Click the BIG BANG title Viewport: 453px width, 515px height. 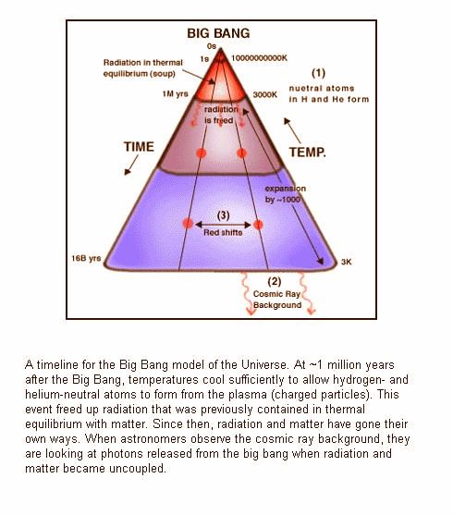(218, 33)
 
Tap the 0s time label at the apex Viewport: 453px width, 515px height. (212, 46)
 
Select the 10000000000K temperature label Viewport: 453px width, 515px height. (259, 58)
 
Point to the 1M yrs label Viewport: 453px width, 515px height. (175, 94)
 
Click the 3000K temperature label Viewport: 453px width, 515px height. (264, 94)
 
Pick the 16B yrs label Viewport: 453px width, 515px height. (86, 258)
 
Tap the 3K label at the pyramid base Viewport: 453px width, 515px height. (347, 262)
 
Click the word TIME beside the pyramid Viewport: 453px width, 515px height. (139, 146)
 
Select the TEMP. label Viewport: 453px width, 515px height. (308, 152)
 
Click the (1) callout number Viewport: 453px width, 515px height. (318, 73)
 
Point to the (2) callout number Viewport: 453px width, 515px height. (275, 282)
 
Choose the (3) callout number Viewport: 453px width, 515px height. (224, 215)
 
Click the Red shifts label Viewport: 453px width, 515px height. (223, 233)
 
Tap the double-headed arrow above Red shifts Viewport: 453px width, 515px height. (223, 225)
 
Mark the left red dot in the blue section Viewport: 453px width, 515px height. (188, 224)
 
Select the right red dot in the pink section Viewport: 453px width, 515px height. (242, 153)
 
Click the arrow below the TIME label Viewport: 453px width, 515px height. (131, 165)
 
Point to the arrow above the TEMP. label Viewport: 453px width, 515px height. (292, 130)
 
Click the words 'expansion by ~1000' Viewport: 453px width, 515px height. (285, 194)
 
